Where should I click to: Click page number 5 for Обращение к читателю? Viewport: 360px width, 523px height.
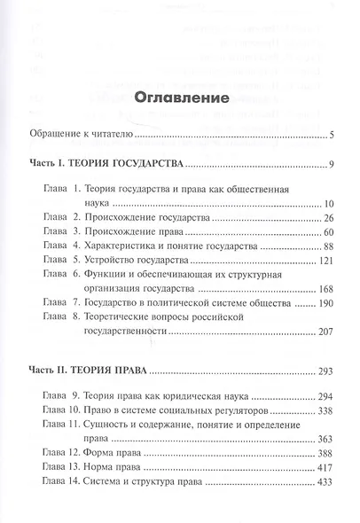point(329,136)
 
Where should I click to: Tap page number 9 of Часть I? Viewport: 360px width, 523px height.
point(329,165)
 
